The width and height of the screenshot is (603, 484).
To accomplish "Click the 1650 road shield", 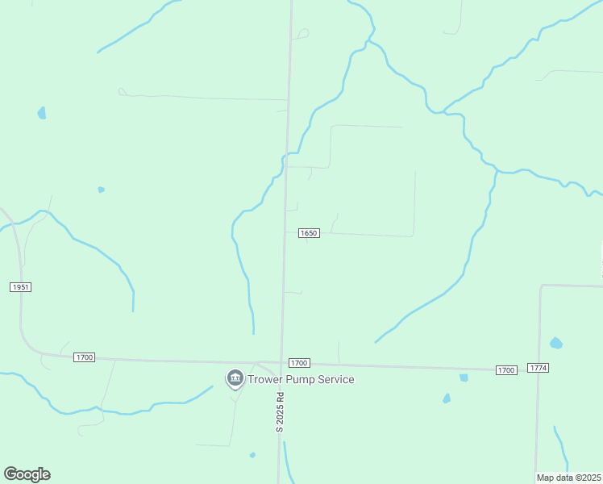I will tap(310, 233).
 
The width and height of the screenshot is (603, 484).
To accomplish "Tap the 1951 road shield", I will tap(21, 287).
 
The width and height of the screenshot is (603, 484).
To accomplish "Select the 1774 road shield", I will tap(539, 368).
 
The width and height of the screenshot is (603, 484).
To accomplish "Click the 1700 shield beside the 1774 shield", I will tap(505, 369).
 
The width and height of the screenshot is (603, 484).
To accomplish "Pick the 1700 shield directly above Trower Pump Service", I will tap(299, 363).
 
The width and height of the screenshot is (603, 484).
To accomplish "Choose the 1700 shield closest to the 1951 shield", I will tap(85, 357).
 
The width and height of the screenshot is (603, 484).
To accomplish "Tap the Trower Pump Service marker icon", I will tap(235, 378).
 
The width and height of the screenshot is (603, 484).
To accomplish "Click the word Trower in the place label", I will tap(268, 379).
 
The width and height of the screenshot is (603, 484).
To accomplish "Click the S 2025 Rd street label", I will tap(281, 412).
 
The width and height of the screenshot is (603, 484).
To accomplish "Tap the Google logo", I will tap(27, 474).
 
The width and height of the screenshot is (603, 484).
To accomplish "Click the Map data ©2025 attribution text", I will tap(568, 478).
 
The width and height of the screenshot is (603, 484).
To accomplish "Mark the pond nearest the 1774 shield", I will tap(555, 343).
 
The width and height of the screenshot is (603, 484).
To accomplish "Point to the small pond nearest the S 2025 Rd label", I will tap(252, 455).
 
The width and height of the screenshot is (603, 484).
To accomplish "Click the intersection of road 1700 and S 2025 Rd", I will tap(281, 363).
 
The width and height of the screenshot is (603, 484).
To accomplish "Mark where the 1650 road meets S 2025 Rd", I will tap(284, 232).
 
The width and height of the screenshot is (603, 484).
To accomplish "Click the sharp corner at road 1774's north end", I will tap(542, 285).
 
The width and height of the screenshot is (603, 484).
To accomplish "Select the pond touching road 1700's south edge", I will tap(464, 377).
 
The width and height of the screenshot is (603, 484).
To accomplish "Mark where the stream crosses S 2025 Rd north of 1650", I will tap(286, 155).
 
